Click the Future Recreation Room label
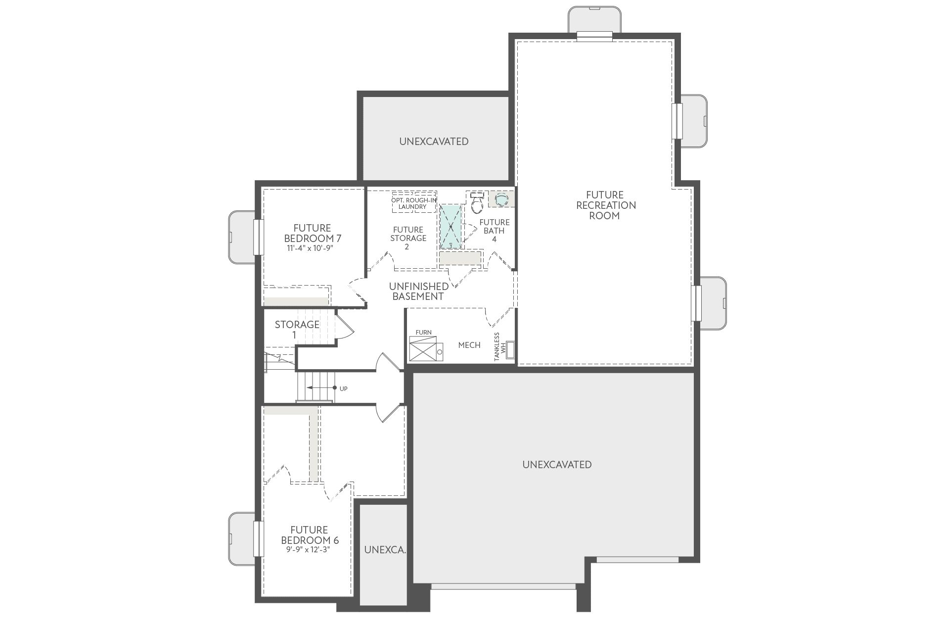[x=606, y=205]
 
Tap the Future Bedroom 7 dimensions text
[x=311, y=248]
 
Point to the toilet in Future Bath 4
[x=477, y=202]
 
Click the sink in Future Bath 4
[x=502, y=199]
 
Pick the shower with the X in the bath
[x=450, y=227]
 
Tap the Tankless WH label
[x=500, y=346]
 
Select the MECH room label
[x=469, y=345]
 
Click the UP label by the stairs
[x=344, y=388]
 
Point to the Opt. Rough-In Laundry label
[x=414, y=203]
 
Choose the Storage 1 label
[x=297, y=330]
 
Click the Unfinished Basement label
[x=418, y=291]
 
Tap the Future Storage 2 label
[x=408, y=238]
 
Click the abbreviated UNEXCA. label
[x=385, y=550]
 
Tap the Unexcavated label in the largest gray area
[x=557, y=465]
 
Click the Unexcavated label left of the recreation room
[x=434, y=142]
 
